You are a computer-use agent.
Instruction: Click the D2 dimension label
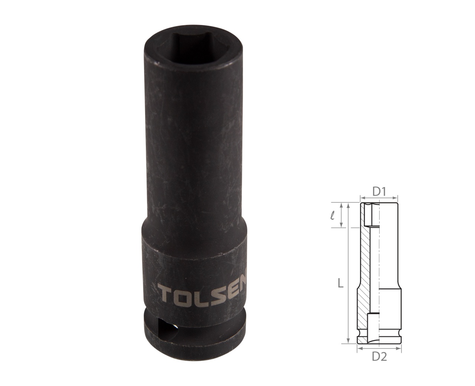[379, 357]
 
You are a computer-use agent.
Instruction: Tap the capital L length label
[341, 284]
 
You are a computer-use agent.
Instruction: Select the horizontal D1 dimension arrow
[379, 198]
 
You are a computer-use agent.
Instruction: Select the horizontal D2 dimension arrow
[379, 348]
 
